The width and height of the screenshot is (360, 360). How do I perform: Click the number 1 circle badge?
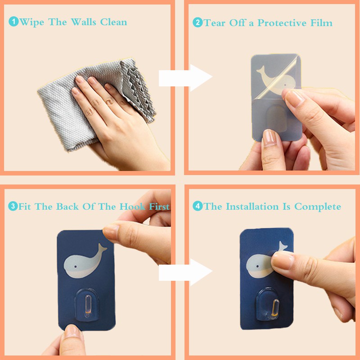(13, 22)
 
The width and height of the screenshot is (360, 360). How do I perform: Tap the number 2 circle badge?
(198, 22)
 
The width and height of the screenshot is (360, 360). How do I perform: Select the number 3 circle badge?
(13, 206)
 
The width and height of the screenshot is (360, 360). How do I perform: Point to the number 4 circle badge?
(198, 206)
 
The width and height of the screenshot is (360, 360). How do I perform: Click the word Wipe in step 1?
(31, 22)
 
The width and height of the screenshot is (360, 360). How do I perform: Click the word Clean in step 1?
(114, 22)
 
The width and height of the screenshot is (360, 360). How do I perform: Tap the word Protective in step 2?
(282, 23)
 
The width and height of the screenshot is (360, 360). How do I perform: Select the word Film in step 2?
(321, 23)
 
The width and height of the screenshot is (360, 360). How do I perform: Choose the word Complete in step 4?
(318, 207)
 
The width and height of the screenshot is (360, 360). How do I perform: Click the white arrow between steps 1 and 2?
(185, 77)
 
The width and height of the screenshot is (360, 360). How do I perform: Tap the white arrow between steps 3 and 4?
(185, 272)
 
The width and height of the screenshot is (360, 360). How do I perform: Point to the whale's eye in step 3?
(76, 267)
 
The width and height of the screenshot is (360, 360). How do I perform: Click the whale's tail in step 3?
(102, 248)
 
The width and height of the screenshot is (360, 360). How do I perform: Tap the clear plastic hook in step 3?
(87, 305)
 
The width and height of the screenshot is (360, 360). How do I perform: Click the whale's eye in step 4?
(257, 266)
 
